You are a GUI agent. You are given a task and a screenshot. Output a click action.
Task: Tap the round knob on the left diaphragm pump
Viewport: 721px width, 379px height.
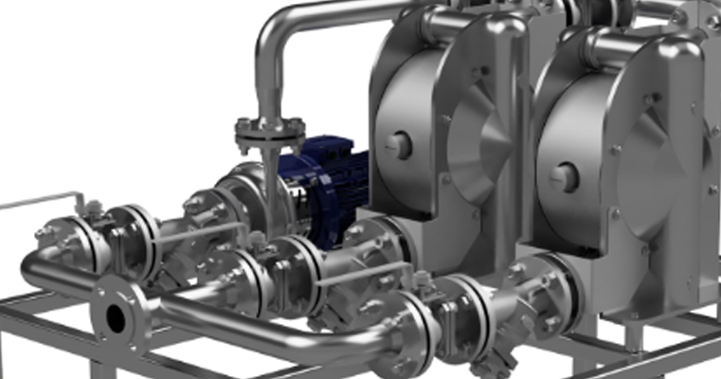[399, 145]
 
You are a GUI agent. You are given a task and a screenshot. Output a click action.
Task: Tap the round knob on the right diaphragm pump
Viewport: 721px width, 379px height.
[565, 177]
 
